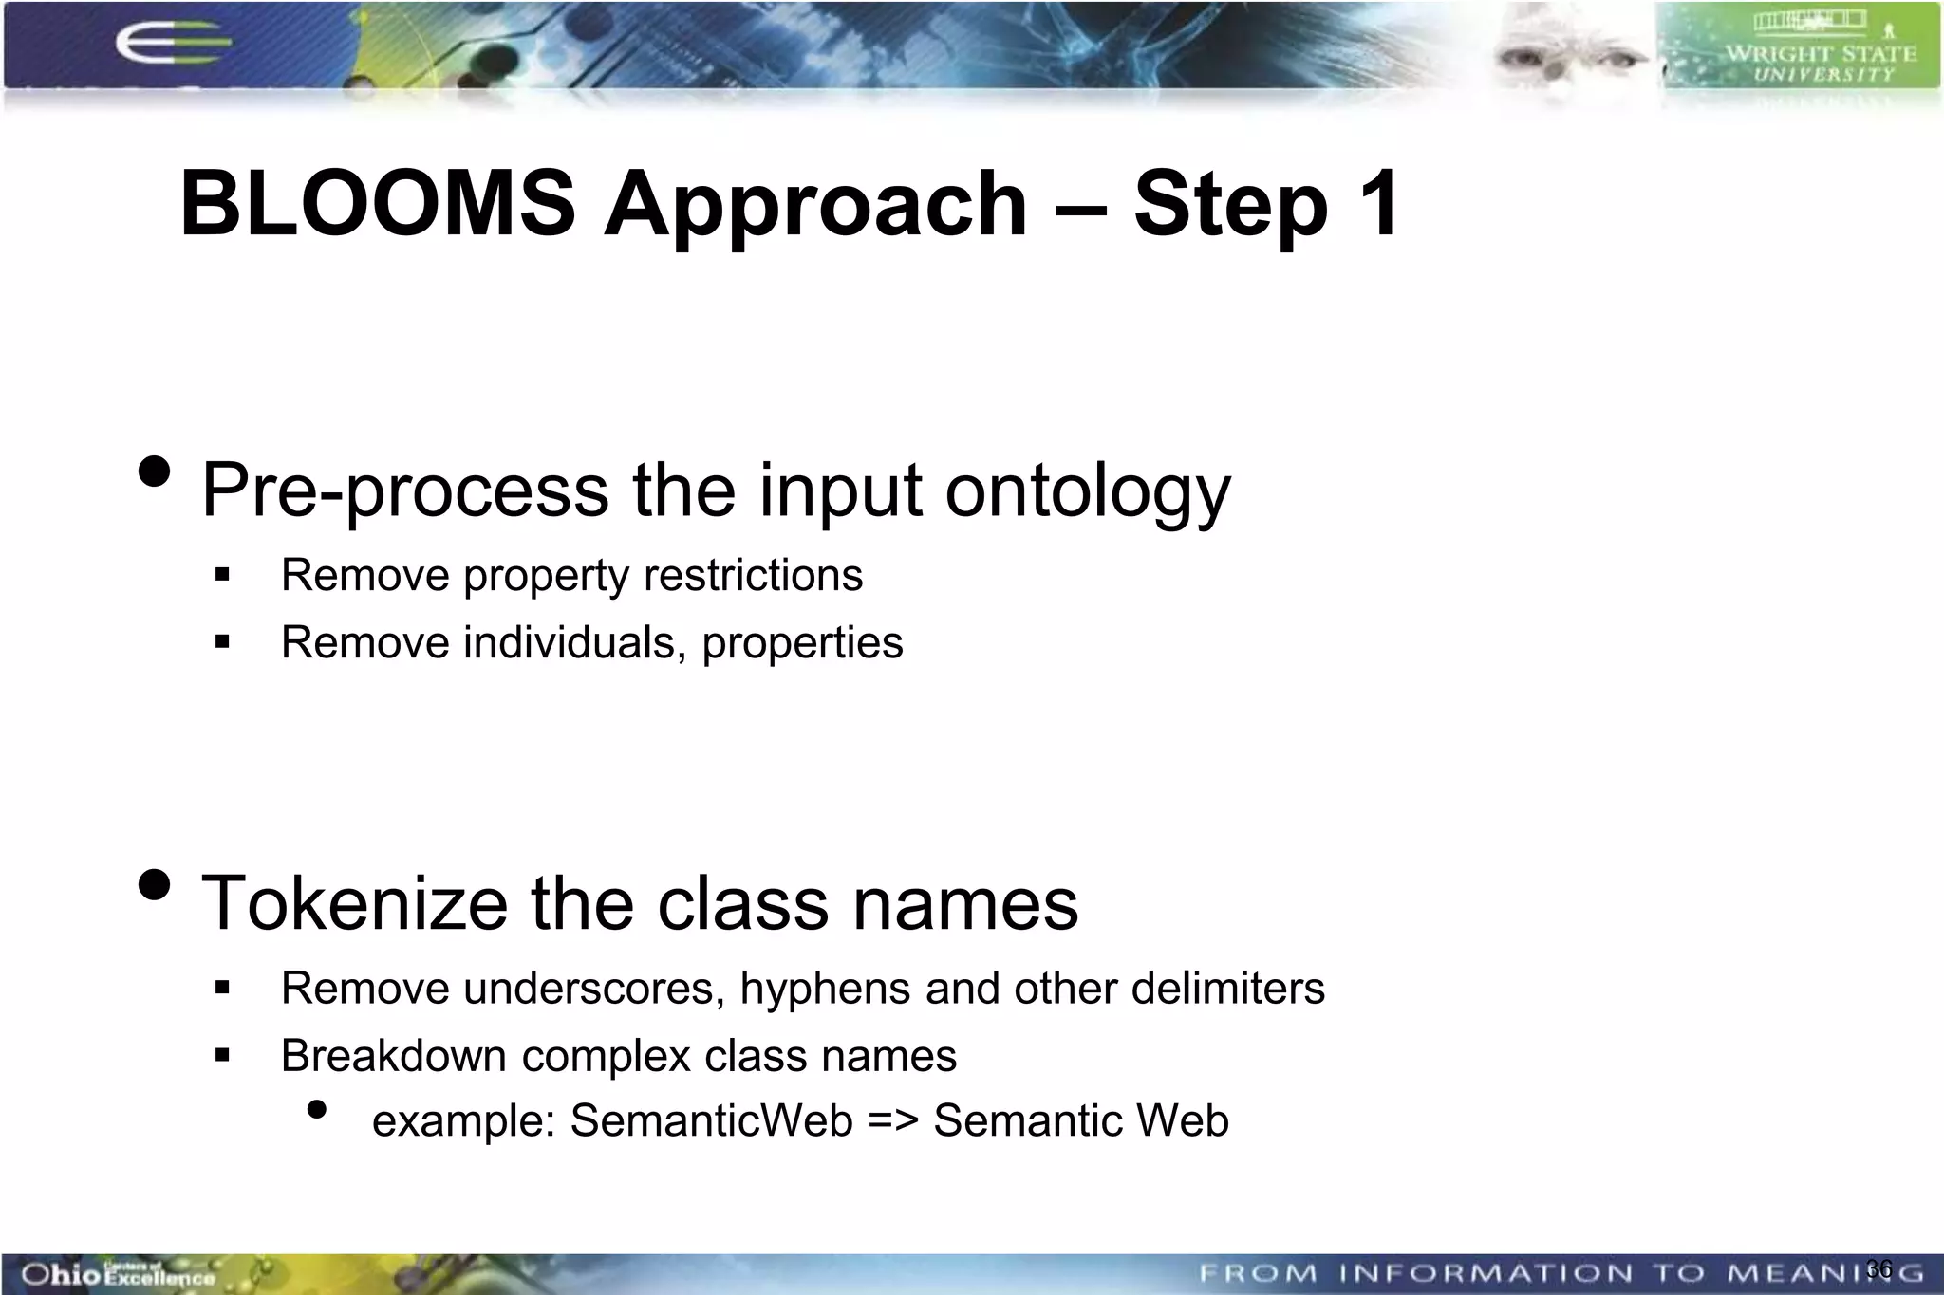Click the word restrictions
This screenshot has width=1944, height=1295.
(x=753, y=575)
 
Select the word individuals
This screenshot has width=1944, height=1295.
(x=574, y=642)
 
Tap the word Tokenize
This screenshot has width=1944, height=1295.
(x=354, y=903)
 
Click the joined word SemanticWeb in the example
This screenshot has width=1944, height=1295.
(x=712, y=1120)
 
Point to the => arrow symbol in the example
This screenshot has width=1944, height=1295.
(x=893, y=1120)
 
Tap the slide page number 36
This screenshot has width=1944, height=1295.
(x=1879, y=1268)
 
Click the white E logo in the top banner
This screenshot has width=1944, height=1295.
(x=171, y=45)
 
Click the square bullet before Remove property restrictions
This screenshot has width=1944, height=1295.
(x=223, y=575)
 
